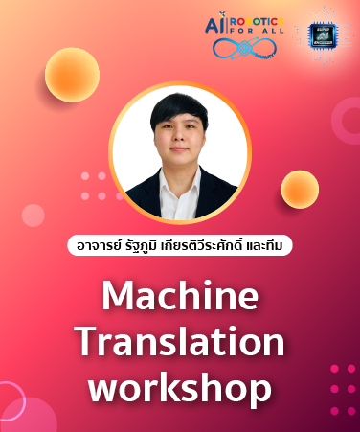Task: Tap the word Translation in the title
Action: click(179, 342)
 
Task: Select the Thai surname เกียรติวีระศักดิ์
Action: click(205, 245)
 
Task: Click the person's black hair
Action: click(178, 116)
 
